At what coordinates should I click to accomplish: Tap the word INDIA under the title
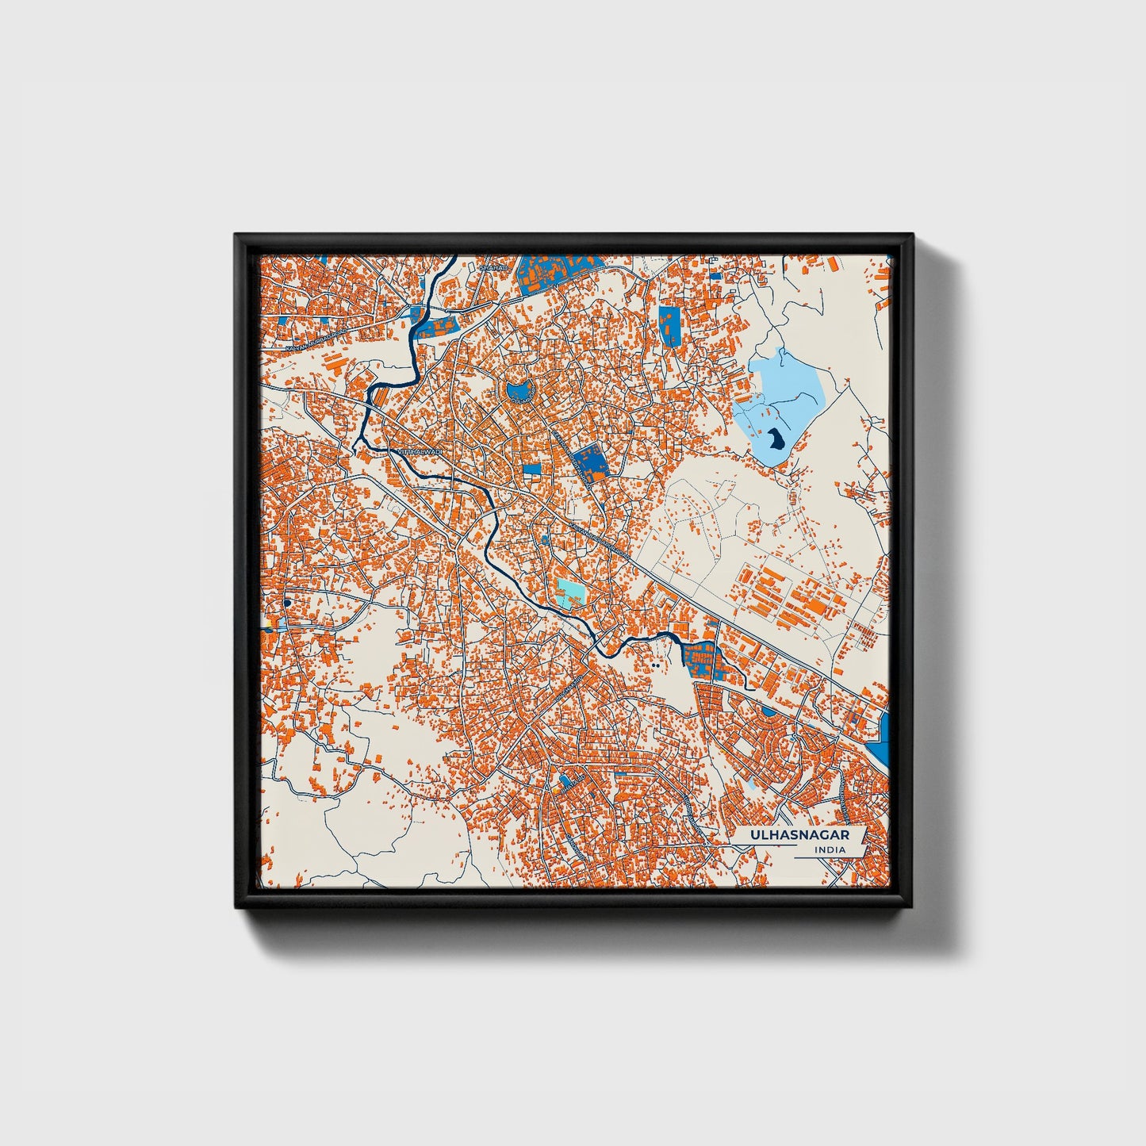click(x=830, y=850)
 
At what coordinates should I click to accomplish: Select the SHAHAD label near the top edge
click(x=493, y=269)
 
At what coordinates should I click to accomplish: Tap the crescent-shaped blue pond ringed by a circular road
click(x=519, y=390)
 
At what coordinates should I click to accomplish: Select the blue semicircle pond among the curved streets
click(x=768, y=711)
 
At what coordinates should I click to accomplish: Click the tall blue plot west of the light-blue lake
click(x=669, y=325)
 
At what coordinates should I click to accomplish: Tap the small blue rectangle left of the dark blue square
click(x=531, y=469)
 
